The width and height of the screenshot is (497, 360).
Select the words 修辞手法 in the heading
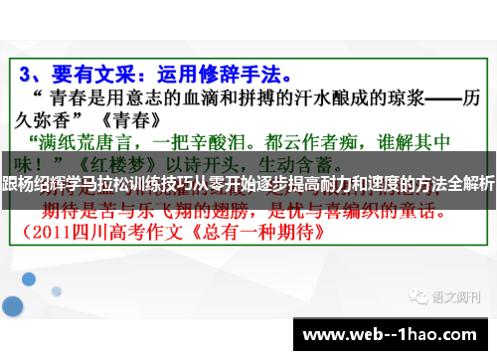(x=233, y=75)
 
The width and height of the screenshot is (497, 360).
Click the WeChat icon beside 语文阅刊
(x=414, y=270)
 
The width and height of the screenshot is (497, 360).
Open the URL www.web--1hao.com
(x=398, y=332)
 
